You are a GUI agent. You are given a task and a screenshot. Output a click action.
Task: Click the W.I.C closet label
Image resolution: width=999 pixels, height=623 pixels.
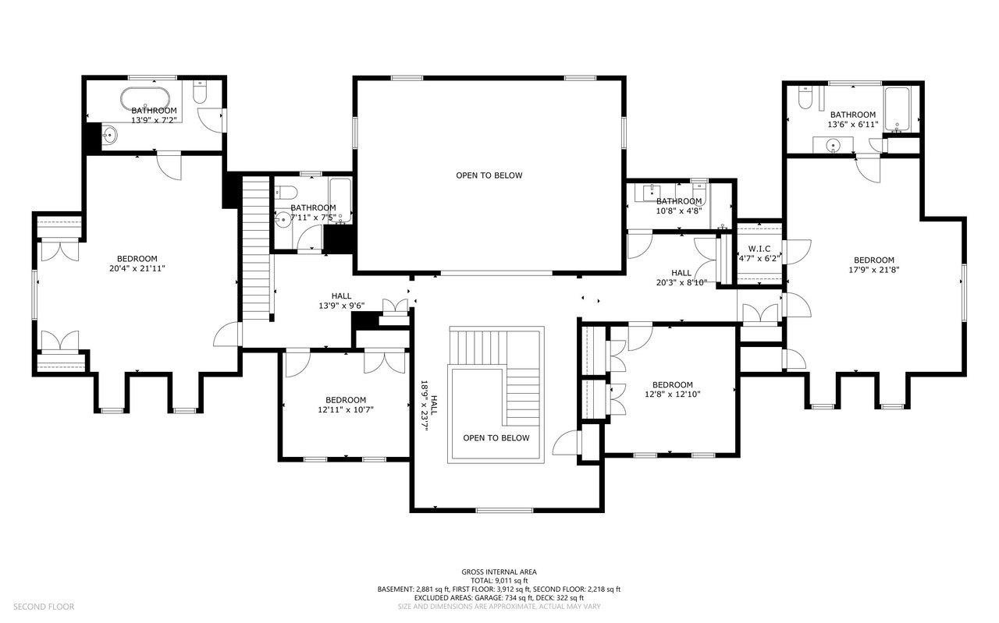tap(759, 249)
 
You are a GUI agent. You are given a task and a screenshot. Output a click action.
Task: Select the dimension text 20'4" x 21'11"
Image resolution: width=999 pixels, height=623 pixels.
tap(137, 269)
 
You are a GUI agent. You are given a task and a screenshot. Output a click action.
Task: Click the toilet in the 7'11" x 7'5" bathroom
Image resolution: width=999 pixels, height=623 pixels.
tap(286, 193)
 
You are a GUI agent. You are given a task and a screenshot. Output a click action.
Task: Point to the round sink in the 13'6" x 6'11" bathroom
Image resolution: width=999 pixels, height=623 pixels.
tap(833, 145)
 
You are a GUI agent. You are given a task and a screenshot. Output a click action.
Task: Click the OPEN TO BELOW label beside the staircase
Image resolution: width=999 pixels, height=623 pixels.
tap(496, 438)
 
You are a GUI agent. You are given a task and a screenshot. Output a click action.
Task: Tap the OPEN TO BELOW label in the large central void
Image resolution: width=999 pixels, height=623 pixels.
tap(489, 175)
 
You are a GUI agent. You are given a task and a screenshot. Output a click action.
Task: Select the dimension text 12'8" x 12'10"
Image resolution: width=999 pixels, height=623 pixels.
tap(673, 395)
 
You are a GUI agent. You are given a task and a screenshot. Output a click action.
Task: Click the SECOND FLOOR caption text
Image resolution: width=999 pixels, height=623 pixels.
tap(44, 607)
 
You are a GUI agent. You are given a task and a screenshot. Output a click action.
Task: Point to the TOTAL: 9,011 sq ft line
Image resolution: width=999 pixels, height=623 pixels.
tap(499, 581)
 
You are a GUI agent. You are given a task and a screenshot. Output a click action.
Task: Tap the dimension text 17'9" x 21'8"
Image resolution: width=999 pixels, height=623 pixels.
tap(874, 270)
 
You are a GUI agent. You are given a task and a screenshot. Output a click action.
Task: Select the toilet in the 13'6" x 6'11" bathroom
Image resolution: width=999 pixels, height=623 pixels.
tap(805, 97)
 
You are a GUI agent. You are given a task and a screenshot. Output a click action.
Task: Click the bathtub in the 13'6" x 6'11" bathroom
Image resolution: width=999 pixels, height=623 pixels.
tap(897, 110)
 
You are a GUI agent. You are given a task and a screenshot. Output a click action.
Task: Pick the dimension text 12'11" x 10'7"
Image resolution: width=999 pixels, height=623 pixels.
tap(346, 410)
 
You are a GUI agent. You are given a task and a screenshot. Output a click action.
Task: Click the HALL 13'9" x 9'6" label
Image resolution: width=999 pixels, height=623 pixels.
tap(342, 301)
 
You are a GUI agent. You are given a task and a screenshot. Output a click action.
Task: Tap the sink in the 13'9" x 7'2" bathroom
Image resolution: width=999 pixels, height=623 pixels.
tap(110, 134)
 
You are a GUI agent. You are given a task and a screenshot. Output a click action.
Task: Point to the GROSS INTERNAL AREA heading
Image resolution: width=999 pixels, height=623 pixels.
tap(499, 572)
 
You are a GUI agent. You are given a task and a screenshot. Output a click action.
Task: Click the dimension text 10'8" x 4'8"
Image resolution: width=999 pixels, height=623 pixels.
tap(679, 211)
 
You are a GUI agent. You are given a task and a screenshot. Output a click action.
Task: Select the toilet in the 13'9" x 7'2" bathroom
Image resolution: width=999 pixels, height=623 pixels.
tap(200, 91)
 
